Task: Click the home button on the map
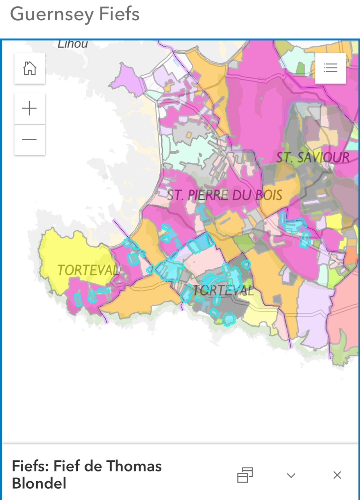click(30, 69)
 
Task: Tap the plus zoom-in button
click(30, 109)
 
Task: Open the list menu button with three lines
click(330, 68)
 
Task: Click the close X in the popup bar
click(337, 475)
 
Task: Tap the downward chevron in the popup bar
click(291, 475)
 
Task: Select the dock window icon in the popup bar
click(245, 475)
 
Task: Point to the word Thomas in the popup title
click(134, 466)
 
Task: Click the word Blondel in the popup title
click(39, 484)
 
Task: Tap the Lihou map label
click(73, 44)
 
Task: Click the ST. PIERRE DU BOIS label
click(225, 195)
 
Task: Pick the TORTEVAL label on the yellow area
click(87, 270)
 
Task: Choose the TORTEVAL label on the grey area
click(223, 290)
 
